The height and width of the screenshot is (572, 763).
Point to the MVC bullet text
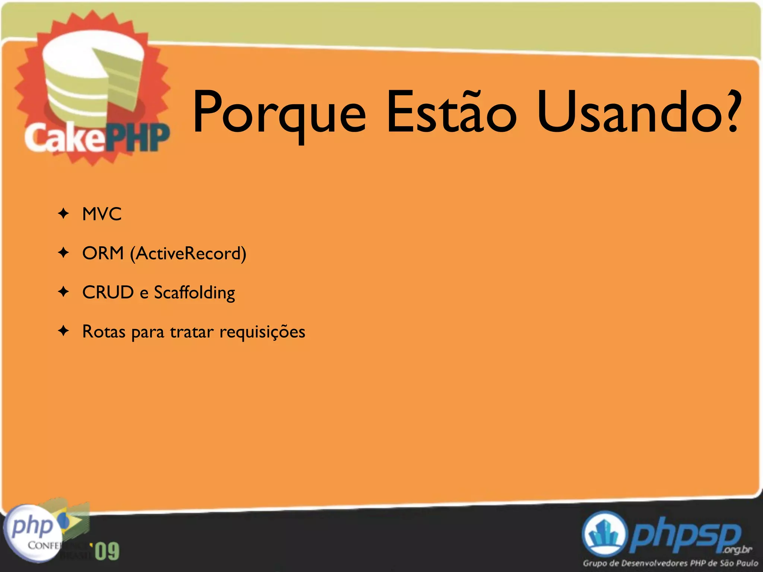[x=102, y=214]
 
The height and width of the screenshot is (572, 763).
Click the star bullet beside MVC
[x=64, y=214]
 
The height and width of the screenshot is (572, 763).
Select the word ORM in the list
[x=103, y=253]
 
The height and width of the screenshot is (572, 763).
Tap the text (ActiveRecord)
[x=188, y=254]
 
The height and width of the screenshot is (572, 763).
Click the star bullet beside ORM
[x=64, y=253]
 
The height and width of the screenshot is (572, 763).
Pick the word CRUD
[x=108, y=292]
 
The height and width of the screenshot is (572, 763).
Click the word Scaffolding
[x=194, y=293]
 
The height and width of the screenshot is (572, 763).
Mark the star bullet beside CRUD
[x=64, y=292]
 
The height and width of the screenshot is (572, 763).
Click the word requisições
[x=262, y=332]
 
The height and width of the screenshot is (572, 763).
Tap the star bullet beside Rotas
[x=64, y=331]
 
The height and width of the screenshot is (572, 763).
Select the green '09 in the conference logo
[x=107, y=551]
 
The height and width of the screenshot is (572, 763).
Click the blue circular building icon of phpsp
[x=604, y=534]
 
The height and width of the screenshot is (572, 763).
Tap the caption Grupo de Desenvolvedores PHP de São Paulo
[x=670, y=563]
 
